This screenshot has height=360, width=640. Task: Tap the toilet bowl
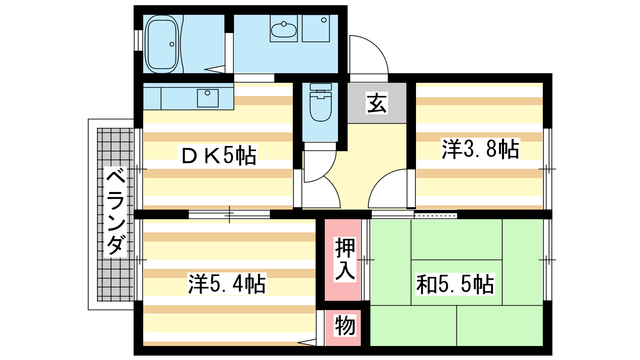click(x=320, y=106)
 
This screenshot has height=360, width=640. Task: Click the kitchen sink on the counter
click(x=208, y=98)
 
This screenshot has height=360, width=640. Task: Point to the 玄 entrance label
click(x=376, y=103)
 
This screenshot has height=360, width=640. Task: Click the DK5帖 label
click(x=219, y=155)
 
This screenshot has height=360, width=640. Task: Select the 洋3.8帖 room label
click(x=480, y=148)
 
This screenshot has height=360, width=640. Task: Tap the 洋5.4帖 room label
click(x=227, y=284)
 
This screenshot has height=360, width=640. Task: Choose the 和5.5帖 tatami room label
click(x=455, y=284)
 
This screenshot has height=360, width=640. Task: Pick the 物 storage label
click(x=345, y=326)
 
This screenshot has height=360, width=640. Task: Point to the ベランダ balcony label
click(x=116, y=212)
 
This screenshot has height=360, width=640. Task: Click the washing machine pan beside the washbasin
click(x=316, y=28)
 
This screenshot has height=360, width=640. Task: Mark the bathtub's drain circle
click(x=172, y=44)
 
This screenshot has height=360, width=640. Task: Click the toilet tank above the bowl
click(x=320, y=87)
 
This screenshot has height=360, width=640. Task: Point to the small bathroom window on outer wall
click(x=138, y=40)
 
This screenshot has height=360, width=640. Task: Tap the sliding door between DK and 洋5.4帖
click(x=229, y=214)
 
